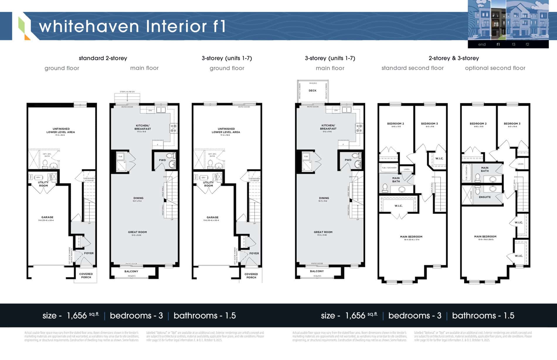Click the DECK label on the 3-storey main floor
[313, 91]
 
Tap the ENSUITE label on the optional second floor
[485, 197]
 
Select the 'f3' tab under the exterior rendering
[513, 45]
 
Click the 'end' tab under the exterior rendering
[482, 45]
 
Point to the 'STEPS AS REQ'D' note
[127, 92]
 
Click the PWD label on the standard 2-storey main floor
[162, 160]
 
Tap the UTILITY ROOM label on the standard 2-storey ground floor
[43, 184]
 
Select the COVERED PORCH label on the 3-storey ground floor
[251, 276]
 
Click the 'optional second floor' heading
[495, 68]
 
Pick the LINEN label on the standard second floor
[407, 169]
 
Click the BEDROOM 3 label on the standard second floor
[429, 124]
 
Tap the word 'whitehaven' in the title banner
[89, 26]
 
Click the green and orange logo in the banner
[24, 28]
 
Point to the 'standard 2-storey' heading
[103, 58]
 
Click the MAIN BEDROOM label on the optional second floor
[485, 236]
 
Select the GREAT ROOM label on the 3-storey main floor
[323, 232]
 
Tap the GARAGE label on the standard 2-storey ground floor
[47, 217]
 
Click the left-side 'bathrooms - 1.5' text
[205, 315]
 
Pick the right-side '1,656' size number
[355, 315]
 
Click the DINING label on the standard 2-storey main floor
[138, 198]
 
